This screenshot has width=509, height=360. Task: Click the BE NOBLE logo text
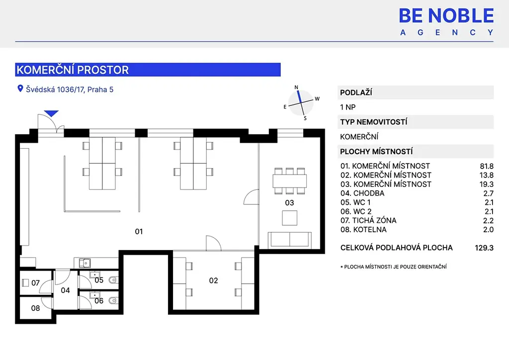coord(446,15)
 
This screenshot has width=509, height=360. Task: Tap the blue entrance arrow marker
coord(51,113)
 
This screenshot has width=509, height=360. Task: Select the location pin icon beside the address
coord(20,89)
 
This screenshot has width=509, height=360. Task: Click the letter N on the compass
coord(296,88)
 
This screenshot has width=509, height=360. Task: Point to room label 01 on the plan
coord(139,231)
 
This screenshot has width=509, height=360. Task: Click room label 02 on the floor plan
coord(213,280)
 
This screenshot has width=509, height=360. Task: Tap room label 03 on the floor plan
coord(289,203)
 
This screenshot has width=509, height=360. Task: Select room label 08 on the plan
coord(35,308)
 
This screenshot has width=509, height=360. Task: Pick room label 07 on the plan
coord(35,283)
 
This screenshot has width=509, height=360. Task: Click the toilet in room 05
coord(114,280)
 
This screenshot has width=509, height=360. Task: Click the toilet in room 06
coord(114,301)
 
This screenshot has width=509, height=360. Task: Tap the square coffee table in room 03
coord(290,218)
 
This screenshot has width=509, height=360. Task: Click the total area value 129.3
coord(484,248)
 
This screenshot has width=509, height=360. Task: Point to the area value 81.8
coord(487,166)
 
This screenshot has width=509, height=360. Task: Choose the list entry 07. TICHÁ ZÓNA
coord(368,220)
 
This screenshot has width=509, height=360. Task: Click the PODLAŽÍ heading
coord(356,92)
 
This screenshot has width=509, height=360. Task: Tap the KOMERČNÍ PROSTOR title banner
coord(148,70)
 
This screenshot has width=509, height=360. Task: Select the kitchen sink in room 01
coord(85,263)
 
